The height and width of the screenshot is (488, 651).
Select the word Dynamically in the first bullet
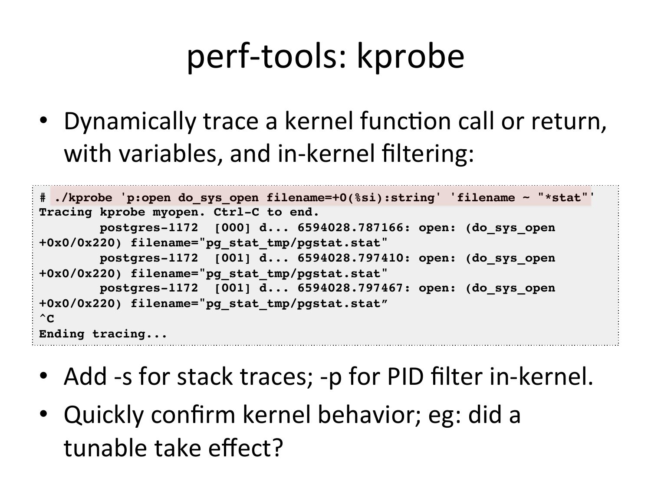point(130,122)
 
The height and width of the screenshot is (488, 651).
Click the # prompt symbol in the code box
point(43,198)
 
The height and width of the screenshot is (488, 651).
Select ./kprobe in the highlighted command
point(83,198)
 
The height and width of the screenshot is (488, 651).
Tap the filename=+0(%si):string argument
point(351,198)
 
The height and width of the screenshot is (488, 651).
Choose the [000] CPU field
point(233,228)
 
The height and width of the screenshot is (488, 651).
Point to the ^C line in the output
point(46,318)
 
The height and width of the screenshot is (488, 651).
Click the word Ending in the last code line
point(62,334)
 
